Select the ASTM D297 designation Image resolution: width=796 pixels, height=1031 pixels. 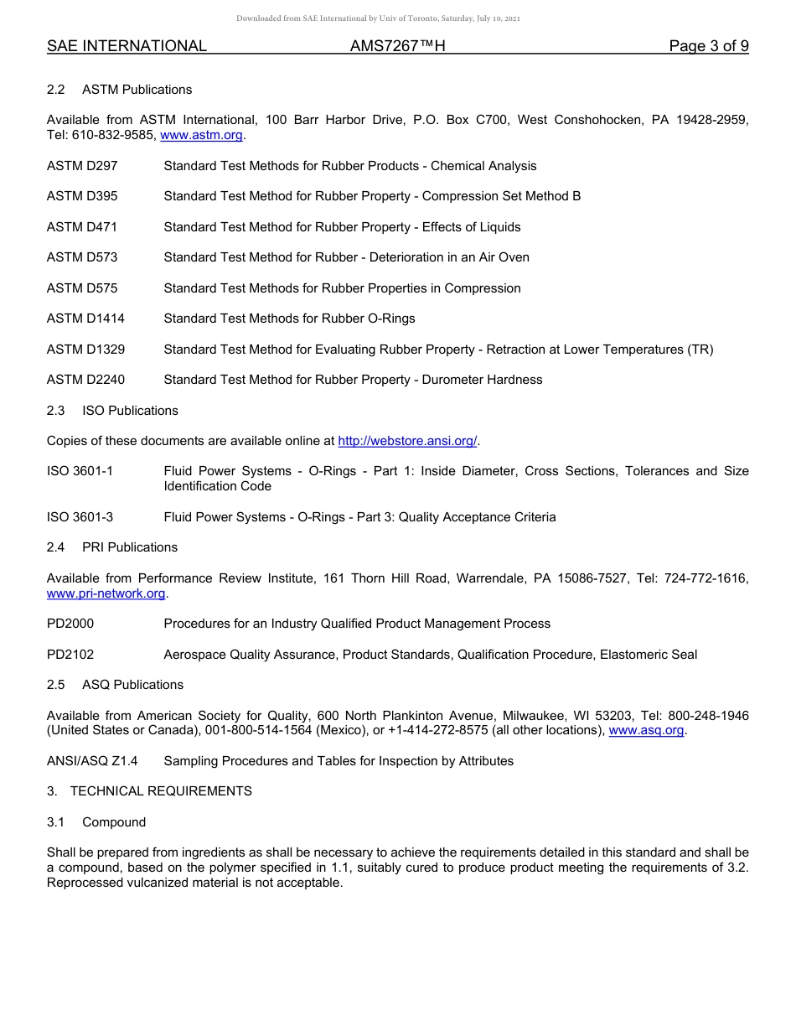(82, 166)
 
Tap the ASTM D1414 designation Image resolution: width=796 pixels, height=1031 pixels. (85, 319)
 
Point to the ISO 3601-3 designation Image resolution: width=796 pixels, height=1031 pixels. (80, 517)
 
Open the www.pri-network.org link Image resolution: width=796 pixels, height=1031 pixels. (106, 593)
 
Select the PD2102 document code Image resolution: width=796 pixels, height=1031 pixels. (70, 655)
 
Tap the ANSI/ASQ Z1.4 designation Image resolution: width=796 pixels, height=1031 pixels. (92, 761)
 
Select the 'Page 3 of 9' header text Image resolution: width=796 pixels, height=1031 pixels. (708, 47)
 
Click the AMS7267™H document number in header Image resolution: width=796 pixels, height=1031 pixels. (397, 47)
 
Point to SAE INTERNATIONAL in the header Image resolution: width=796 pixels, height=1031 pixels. (127, 47)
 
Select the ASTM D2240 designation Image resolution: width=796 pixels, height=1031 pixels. (85, 380)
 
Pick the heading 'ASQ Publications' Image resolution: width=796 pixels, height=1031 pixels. (132, 685)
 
